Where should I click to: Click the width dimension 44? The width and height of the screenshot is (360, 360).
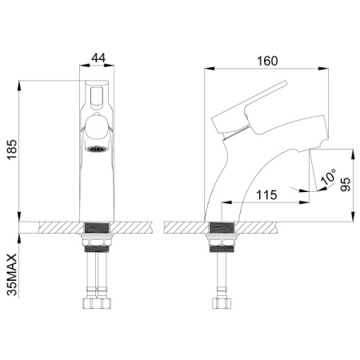coord(100,58)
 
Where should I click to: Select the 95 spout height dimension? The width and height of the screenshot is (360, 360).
coord(344,185)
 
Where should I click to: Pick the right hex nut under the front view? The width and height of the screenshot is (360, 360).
coord(108,304)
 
